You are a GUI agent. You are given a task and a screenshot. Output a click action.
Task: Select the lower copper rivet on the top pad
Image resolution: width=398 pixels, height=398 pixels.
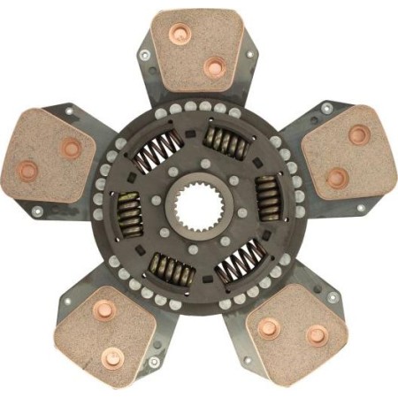click(x=215, y=67)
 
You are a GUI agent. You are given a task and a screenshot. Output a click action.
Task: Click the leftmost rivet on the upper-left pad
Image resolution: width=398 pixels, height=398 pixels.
click(x=28, y=170)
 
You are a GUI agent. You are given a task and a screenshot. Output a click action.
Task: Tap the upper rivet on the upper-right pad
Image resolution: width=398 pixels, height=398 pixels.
click(x=359, y=135)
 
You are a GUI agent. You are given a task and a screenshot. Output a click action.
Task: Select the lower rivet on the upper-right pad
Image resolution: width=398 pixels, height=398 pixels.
click(x=337, y=178)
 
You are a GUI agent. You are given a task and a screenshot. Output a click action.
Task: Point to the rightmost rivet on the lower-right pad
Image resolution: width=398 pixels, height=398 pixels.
click(x=316, y=335)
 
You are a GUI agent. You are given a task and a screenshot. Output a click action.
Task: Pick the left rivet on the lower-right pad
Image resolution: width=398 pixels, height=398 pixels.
click(x=267, y=329)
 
